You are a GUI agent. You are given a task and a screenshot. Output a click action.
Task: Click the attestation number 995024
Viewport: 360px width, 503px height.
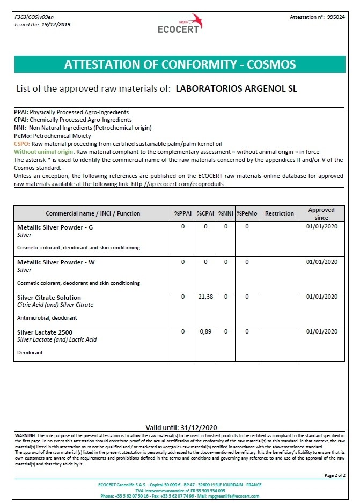(x=336, y=17)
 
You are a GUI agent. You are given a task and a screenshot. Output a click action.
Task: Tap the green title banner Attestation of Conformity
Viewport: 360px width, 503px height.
(x=180, y=64)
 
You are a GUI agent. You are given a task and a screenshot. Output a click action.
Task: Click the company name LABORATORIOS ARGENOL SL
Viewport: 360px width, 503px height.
(x=237, y=88)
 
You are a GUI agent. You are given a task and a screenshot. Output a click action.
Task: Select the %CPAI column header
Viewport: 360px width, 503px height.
(x=205, y=213)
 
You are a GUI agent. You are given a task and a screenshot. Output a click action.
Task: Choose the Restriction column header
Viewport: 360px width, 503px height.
(x=279, y=213)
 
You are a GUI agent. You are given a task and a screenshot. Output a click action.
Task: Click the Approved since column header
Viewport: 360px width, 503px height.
(x=321, y=213)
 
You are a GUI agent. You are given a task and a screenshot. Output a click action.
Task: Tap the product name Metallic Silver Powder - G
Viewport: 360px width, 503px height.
(x=55, y=227)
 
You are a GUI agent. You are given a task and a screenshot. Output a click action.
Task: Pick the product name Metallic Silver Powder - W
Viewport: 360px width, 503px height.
(x=56, y=262)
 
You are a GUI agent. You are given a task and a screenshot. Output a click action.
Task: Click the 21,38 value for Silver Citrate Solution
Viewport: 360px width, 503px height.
(x=205, y=297)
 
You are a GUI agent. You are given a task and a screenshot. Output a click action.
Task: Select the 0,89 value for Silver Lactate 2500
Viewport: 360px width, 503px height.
(x=205, y=332)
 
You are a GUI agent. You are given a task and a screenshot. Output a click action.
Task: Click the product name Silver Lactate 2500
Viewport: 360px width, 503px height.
(x=45, y=332)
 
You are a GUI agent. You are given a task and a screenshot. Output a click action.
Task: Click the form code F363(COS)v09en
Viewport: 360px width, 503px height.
(x=34, y=17)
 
